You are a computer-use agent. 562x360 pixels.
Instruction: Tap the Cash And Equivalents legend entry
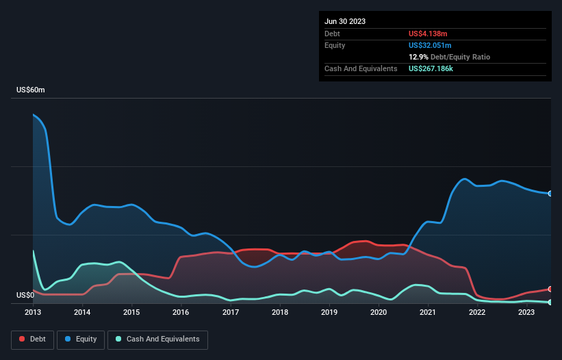click(157, 339)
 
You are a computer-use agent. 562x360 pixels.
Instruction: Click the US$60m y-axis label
click(31, 90)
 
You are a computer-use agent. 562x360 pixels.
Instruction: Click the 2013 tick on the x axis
click(33, 312)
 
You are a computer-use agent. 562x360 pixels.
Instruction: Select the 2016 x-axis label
click(181, 312)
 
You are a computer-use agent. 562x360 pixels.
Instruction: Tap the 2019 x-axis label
click(329, 312)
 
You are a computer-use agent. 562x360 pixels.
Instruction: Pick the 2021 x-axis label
click(428, 312)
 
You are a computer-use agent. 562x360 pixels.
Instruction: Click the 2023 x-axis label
click(526, 312)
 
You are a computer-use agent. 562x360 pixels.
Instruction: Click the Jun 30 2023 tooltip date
click(345, 21)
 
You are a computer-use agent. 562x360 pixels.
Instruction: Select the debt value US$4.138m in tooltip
click(429, 34)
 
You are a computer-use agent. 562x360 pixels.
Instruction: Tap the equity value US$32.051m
click(431, 45)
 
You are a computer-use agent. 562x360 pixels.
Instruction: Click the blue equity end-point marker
click(550, 194)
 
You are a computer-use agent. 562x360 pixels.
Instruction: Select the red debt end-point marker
click(550, 289)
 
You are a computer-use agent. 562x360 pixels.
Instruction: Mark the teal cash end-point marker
click(550, 302)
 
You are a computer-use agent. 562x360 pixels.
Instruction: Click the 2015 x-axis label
click(131, 312)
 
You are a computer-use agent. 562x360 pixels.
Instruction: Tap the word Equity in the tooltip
click(335, 45)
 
